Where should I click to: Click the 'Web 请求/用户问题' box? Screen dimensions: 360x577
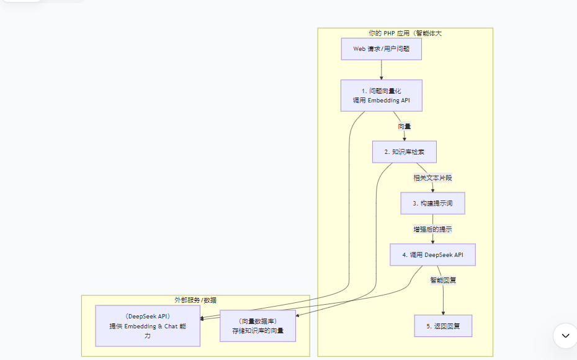coord(381,49)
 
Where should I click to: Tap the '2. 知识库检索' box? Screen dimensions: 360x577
coord(404,151)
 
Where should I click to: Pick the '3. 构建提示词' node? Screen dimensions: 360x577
coord(432,203)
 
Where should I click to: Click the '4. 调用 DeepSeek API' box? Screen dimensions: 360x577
coord(432,254)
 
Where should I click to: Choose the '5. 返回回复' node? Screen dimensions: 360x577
coord(443,326)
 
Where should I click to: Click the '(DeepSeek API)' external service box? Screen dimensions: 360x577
coord(147,326)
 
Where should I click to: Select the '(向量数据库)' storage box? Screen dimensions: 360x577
coord(257,326)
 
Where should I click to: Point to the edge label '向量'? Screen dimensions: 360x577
coord(404,127)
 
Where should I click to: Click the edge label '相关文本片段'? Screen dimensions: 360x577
coord(432,178)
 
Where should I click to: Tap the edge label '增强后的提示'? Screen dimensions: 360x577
coord(432,229)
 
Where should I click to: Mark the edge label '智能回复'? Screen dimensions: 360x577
coord(443,281)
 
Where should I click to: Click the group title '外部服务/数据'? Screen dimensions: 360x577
coord(195,300)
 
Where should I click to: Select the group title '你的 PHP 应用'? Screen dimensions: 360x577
coord(405,33)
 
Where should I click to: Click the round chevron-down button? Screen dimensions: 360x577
coord(565,335)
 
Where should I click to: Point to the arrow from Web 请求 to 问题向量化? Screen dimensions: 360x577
coord(381,70)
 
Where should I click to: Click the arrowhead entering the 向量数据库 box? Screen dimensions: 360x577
coord(298,316)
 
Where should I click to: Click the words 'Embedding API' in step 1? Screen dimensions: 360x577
coord(388,100)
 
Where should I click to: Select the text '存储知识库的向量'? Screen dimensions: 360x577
coord(257,331)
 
